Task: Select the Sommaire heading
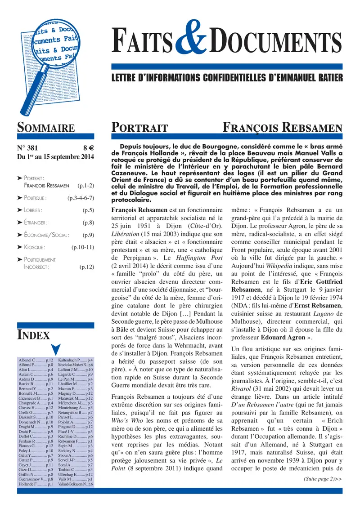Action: (45, 128)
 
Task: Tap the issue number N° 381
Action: (28, 147)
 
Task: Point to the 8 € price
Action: (88, 147)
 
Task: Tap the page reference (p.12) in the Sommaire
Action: (86, 267)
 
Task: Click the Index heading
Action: (33, 334)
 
